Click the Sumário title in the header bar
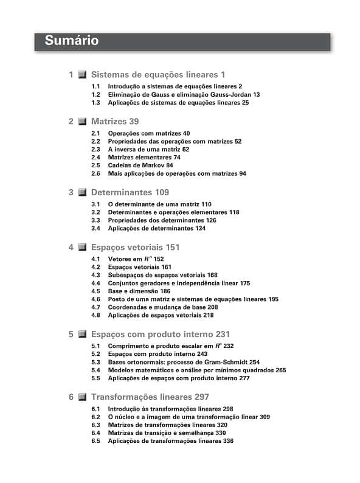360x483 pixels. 71,41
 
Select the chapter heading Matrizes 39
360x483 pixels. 115,121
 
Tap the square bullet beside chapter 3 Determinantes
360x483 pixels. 82,192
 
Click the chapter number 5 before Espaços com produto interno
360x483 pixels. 71,334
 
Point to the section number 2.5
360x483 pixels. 95,165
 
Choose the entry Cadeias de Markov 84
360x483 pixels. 140,165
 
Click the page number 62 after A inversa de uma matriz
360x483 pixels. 185,149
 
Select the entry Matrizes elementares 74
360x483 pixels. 144,157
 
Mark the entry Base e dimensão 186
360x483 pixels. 139,291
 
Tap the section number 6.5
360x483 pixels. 95,441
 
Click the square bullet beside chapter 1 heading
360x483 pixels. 82,75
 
